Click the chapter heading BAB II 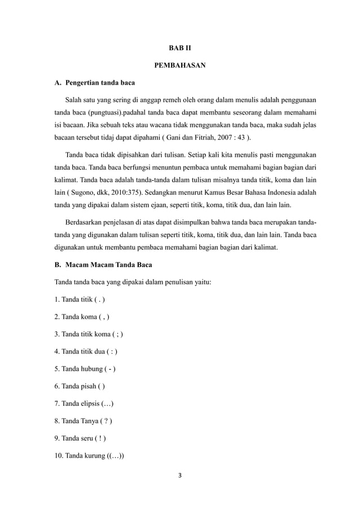[x=179, y=49]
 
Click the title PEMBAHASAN [x=179, y=66]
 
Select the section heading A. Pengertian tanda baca [x=94, y=84]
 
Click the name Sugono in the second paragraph [x=80, y=192]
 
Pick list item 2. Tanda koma [x=81, y=317]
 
